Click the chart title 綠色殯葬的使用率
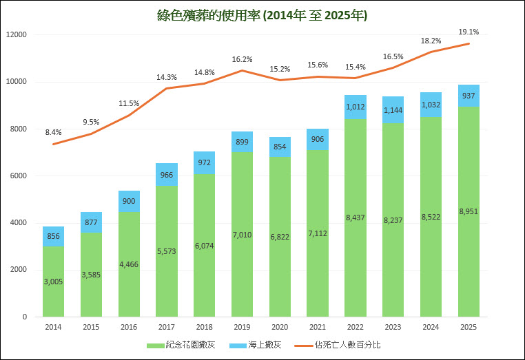point(262,15)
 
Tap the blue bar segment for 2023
point(393,110)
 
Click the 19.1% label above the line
point(469,32)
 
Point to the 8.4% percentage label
point(54,131)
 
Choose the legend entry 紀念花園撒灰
point(181,344)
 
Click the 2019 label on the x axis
point(242,328)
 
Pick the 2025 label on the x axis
point(469,328)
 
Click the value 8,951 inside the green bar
point(469,211)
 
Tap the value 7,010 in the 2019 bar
point(242,234)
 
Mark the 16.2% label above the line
point(242,59)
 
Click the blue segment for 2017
point(167,175)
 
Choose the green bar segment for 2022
point(356,218)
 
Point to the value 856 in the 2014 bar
point(54,235)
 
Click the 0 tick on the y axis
point(24,317)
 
